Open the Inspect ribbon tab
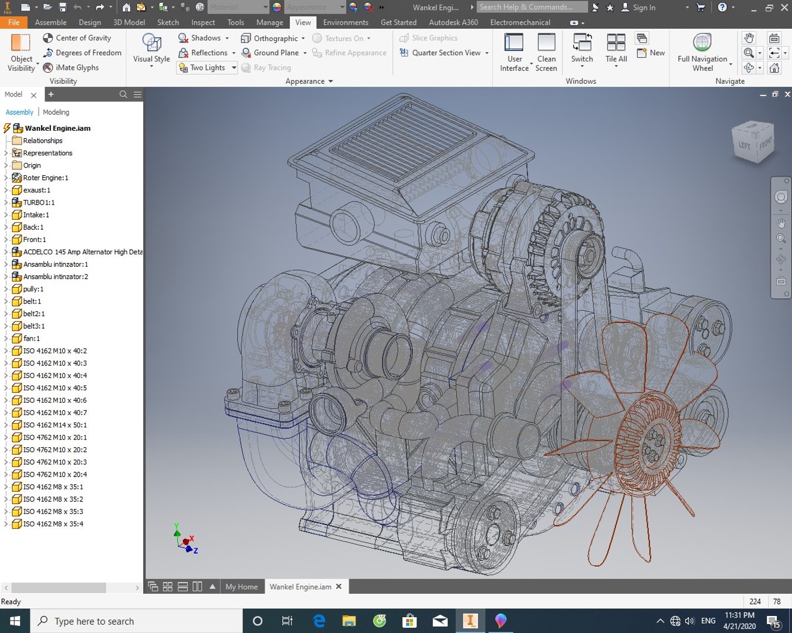pyautogui.click(x=203, y=22)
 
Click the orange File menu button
pyautogui.click(x=13, y=22)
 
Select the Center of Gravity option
pyautogui.click(x=83, y=38)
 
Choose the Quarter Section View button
pyautogui.click(x=445, y=53)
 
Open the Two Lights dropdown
pyautogui.click(x=233, y=68)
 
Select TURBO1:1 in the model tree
pyautogui.click(x=39, y=202)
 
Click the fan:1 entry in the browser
pyautogui.click(x=31, y=338)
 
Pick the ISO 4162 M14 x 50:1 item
pyautogui.click(x=55, y=425)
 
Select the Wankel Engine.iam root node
pyautogui.click(x=57, y=128)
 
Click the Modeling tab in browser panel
pyautogui.click(x=56, y=112)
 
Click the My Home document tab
pyautogui.click(x=241, y=587)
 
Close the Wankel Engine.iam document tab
pyautogui.click(x=339, y=586)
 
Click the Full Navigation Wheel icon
pyautogui.click(x=702, y=43)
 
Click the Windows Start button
pyautogui.click(x=15, y=621)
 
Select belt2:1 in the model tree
pyautogui.click(x=33, y=314)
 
